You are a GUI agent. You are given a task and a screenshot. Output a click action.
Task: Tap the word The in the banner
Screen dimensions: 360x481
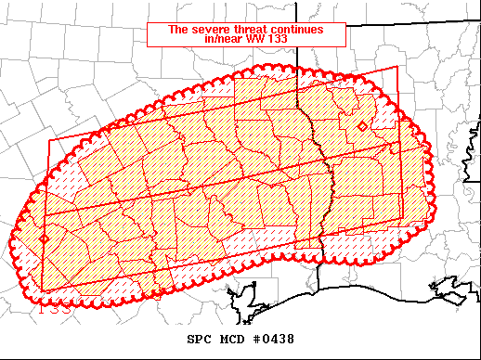(176, 29)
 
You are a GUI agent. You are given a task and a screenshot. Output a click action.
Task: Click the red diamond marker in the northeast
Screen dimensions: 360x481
(361, 125)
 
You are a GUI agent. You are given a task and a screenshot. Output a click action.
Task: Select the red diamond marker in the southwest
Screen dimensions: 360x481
(44, 239)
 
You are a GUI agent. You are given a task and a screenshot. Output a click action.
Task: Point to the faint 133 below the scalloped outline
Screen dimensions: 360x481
(52, 304)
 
